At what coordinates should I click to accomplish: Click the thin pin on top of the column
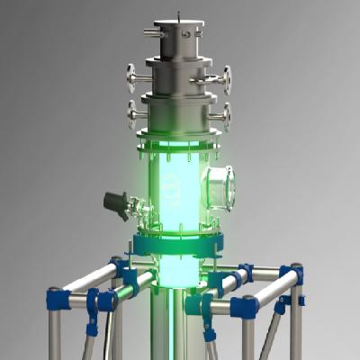179,15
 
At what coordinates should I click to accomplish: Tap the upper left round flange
132,78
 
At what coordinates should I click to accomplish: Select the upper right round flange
227,79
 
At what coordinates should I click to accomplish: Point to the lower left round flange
132,114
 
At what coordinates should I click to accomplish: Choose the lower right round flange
226,115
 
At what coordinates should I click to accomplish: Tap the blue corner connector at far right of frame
291,274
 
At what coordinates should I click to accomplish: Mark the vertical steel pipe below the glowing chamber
175,324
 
